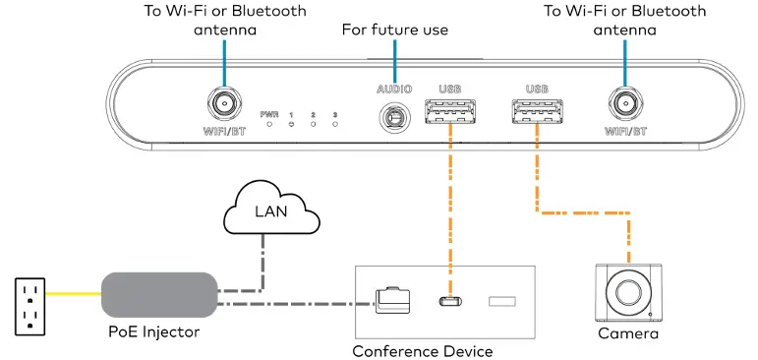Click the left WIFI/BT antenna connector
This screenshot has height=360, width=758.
click(x=224, y=101)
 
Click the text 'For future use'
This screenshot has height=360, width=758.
click(x=394, y=30)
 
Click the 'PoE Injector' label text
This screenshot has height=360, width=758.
click(x=153, y=333)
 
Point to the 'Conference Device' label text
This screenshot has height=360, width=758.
click(x=422, y=351)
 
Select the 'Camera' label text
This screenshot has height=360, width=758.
click(x=627, y=334)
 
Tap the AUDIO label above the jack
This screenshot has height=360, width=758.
click(x=394, y=90)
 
